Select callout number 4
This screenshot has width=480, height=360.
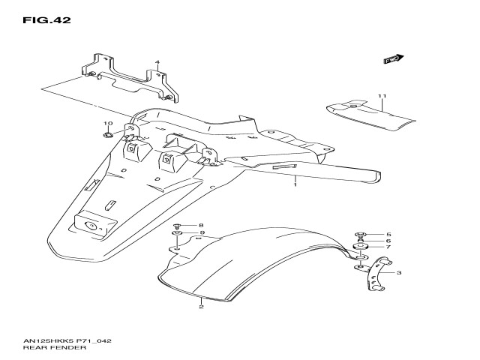pyautogui.click(x=157, y=63)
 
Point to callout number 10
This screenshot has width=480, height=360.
pyautogui.click(x=108, y=124)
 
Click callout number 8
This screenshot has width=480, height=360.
pyautogui.click(x=201, y=225)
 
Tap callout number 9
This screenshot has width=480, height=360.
pyautogui.click(x=201, y=233)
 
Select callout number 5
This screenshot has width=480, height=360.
pyautogui.click(x=388, y=235)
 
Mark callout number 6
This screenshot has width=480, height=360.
pyautogui.click(x=388, y=241)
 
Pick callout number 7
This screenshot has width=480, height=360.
pyautogui.click(x=388, y=247)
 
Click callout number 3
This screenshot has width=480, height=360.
pyautogui.click(x=398, y=273)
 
